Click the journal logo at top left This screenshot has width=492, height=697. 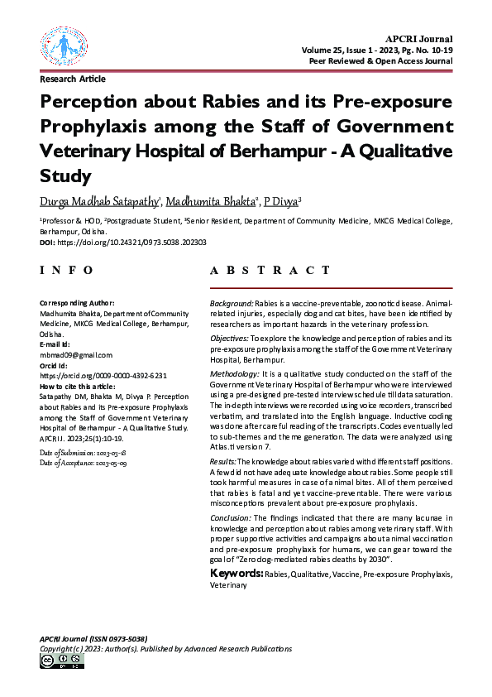(62, 48)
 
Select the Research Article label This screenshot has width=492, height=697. (73, 79)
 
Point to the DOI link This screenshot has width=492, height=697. (132, 243)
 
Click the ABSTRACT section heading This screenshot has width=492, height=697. (270, 271)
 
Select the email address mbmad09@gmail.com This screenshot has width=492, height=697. (76, 354)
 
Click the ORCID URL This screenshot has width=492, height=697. (103, 375)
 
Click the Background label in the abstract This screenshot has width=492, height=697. (232, 305)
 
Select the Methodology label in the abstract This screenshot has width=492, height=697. (236, 375)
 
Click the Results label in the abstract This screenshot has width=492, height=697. (223, 460)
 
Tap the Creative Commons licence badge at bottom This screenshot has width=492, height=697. (61, 661)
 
